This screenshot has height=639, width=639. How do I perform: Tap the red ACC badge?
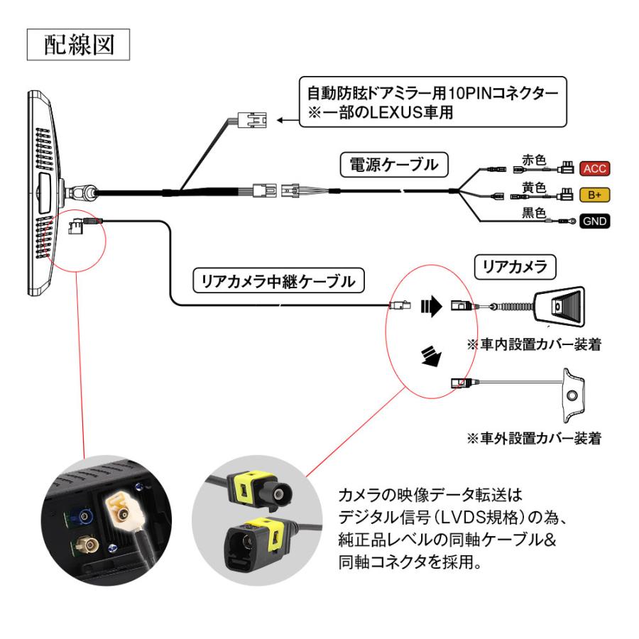[594, 168]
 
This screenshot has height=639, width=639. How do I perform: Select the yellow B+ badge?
[594, 194]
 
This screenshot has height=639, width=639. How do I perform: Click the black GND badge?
[595, 220]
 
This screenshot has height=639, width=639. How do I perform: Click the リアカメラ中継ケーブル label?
[278, 281]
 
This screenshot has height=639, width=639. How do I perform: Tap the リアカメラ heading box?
[515, 267]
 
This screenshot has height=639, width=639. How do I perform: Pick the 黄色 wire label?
[534, 187]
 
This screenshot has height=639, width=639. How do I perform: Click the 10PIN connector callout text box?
[432, 102]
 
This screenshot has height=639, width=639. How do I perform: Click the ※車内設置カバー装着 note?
[533, 344]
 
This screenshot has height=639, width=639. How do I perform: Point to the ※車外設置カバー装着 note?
[533, 438]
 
